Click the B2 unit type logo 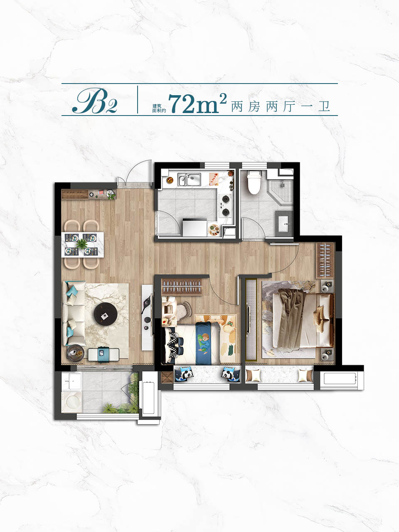tap(95, 101)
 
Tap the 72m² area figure tap(197, 103)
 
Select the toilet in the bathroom tap(254, 182)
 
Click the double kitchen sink tap(189, 180)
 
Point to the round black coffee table tap(106, 314)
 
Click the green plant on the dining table tap(82, 244)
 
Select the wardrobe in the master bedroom tap(325, 260)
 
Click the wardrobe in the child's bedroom tap(182, 287)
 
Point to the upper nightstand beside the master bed tap(327, 286)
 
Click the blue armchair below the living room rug tap(103, 355)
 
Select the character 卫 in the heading tap(324, 107)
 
